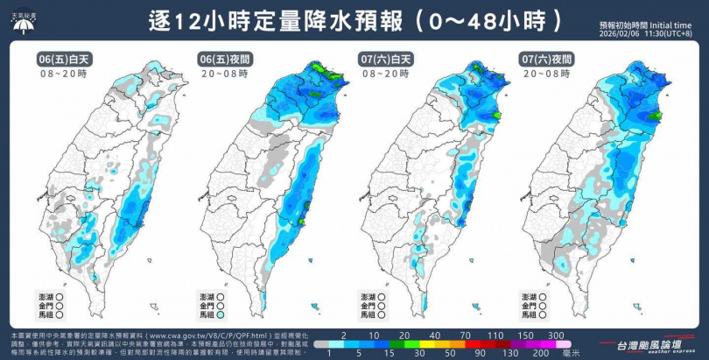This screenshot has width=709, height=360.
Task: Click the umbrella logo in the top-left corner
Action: (25, 21)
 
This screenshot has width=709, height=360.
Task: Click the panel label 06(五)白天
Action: (64, 60)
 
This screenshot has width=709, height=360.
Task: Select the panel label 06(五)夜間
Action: (225, 60)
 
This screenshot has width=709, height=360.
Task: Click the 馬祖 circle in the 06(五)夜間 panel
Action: (222, 313)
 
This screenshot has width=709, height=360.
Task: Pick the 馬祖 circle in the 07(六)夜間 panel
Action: (544, 313)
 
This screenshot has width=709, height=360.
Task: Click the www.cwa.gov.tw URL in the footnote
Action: (192, 335)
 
